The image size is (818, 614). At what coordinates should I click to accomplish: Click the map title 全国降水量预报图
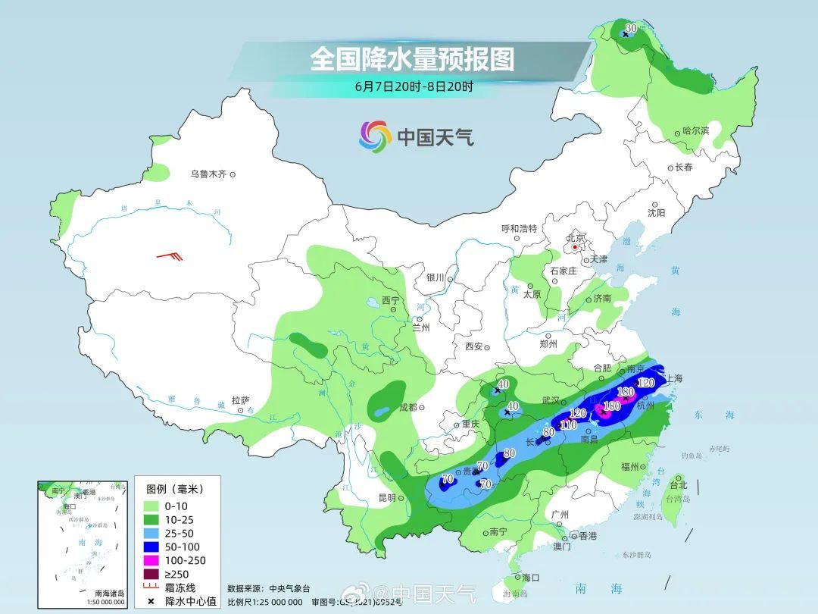point(412,59)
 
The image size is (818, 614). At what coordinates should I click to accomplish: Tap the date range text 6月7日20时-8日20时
point(414,86)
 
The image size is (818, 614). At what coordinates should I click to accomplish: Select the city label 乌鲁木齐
point(208,174)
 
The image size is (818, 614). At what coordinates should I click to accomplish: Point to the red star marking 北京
point(576,247)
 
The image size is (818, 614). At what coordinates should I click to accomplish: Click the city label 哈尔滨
point(695,130)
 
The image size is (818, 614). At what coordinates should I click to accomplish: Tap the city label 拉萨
point(240,400)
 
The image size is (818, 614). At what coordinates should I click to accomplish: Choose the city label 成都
point(407,406)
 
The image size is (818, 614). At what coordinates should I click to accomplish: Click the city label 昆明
point(386,498)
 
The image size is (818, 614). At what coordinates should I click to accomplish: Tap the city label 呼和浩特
point(519,228)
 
